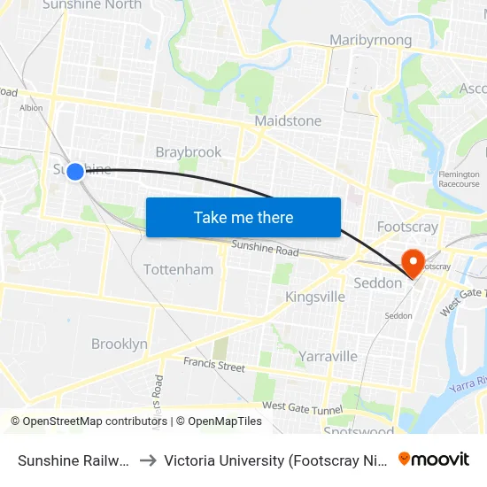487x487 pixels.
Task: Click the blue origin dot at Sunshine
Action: coord(75,171)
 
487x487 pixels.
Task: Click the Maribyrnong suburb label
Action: coord(370,41)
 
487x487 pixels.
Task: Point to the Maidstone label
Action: coord(288,120)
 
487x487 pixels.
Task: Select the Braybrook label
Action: coord(189,152)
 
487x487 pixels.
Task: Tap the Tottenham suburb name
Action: coord(178,269)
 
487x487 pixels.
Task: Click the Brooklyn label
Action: coord(120,344)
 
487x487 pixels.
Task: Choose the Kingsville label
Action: coord(315,297)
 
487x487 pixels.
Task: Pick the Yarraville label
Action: coord(328,356)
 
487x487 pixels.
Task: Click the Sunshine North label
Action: coord(92,5)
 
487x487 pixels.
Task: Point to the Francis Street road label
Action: coord(214,364)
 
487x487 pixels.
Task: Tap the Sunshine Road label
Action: coord(265,250)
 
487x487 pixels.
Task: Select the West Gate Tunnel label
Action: coord(302,406)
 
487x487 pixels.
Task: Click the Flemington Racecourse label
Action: coord(460,181)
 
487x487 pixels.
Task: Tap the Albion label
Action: coord(31,108)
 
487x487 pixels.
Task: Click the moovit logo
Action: coord(434,459)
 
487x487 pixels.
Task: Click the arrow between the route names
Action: coord(148,460)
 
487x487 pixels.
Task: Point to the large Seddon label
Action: coord(378,282)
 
